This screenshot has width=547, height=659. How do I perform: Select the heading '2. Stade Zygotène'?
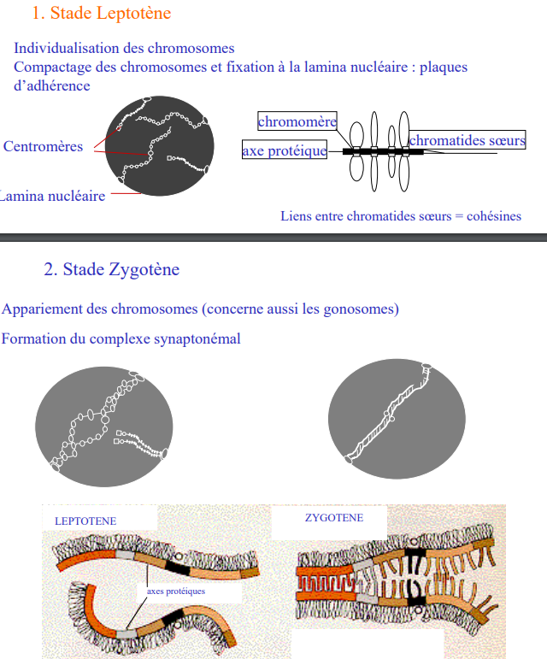(x=112, y=269)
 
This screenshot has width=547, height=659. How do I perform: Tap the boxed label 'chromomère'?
(x=297, y=121)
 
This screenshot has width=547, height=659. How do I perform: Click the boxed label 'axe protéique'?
(x=285, y=151)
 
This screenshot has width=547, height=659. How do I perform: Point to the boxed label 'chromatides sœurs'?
(x=467, y=140)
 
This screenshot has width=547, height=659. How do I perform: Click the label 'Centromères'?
(x=44, y=146)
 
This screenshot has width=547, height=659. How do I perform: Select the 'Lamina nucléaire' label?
(x=52, y=196)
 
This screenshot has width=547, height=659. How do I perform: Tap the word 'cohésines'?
(x=493, y=215)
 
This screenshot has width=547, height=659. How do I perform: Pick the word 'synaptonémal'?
(x=200, y=338)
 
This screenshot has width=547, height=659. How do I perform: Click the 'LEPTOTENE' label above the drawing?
(x=85, y=521)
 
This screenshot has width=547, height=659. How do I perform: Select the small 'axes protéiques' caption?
(x=176, y=591)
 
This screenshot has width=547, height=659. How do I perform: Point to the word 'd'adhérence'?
(x=51, y=85)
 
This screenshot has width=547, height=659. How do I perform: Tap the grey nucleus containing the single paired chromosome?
(x=397, y=416)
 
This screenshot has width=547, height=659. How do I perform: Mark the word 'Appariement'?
(x=40, y=309)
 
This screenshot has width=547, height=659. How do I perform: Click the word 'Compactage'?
(x=50, y=67)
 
